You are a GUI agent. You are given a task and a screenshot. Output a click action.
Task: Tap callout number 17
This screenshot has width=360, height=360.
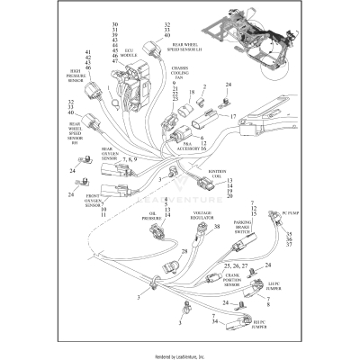tap(231, 117)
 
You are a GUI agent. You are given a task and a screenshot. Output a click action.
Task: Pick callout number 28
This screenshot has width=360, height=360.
tap(184, 251)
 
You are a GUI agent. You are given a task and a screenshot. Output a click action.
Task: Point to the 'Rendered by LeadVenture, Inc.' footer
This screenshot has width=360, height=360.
tap(180, 354)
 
